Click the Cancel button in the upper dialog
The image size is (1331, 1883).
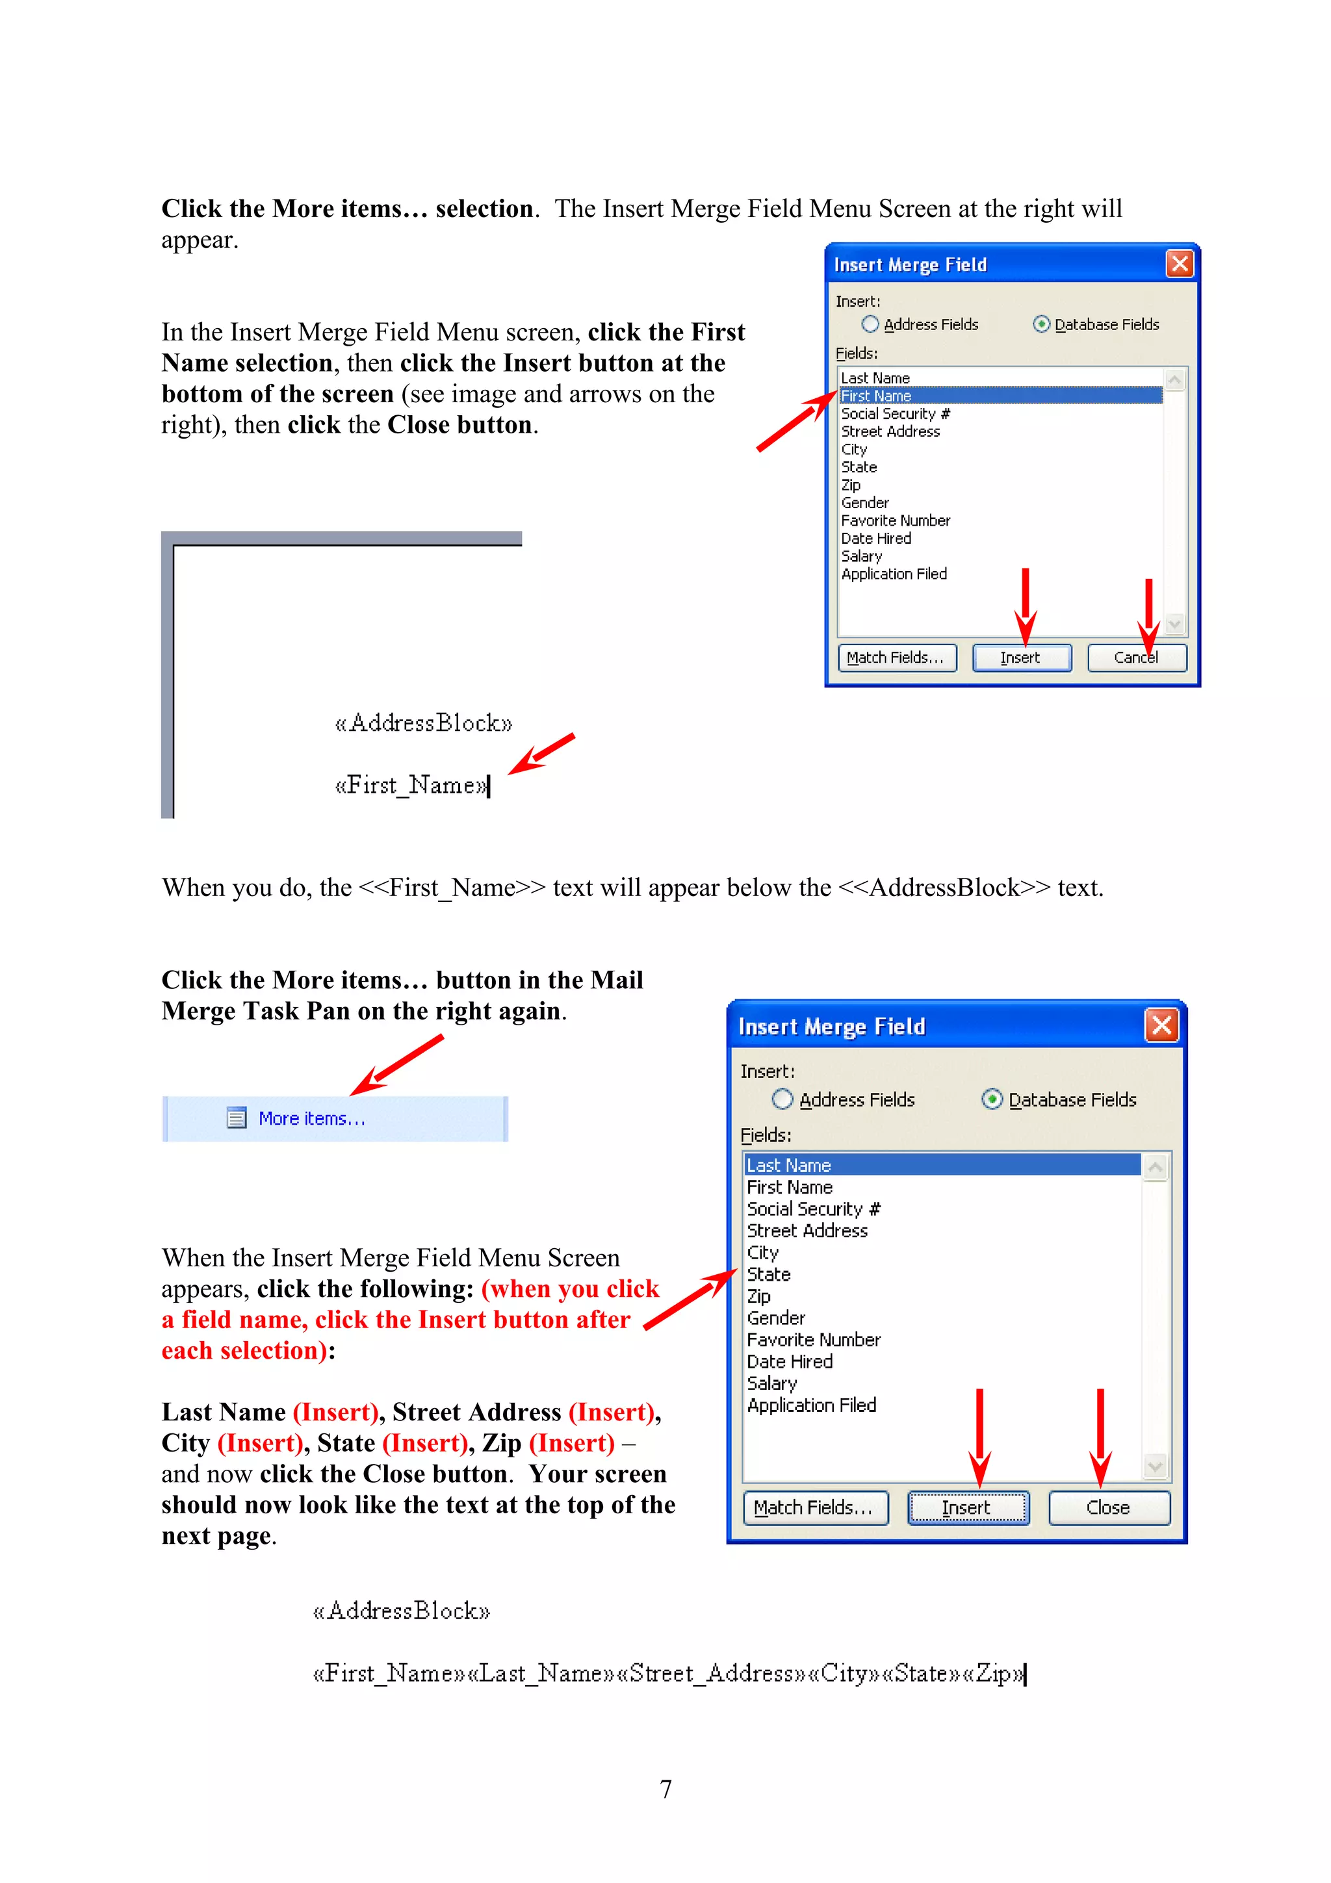(1136, 658)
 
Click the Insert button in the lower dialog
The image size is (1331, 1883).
(967, 1507)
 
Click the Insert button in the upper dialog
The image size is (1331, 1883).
(1021, 658)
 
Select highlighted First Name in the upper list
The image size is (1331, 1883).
(876, 396)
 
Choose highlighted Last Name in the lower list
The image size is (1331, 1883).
(789, 1166)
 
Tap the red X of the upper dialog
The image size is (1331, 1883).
(1180, 264)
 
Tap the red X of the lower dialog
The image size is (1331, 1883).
(1161, 1025)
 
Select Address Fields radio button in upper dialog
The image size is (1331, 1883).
(870, 325)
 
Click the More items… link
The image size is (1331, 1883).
(312, 1119)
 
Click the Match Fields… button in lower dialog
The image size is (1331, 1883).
(814, 1507)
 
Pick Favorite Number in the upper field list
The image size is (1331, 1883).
(896, 520)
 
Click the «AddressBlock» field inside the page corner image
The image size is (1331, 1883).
(423, 723)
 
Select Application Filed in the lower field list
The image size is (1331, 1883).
(811, 1405)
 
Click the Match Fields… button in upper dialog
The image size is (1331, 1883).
(896, 658)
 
